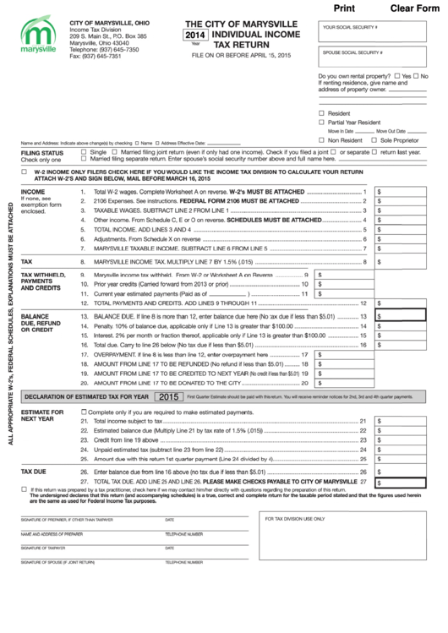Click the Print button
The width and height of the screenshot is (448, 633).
[345, 8]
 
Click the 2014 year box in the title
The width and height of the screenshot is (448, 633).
[196, 35]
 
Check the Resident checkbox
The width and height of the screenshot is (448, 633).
[322, 112]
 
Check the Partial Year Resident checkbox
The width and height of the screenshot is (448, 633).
[322, 122]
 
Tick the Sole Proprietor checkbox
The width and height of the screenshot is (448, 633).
[375, 139]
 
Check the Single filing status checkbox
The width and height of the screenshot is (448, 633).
[83, 152]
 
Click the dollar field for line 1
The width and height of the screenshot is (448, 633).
[408, 192]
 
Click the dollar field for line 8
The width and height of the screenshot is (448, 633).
[408, 262]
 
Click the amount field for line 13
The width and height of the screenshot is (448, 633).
[408, 315]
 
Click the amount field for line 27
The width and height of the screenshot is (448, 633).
[408, 481]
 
